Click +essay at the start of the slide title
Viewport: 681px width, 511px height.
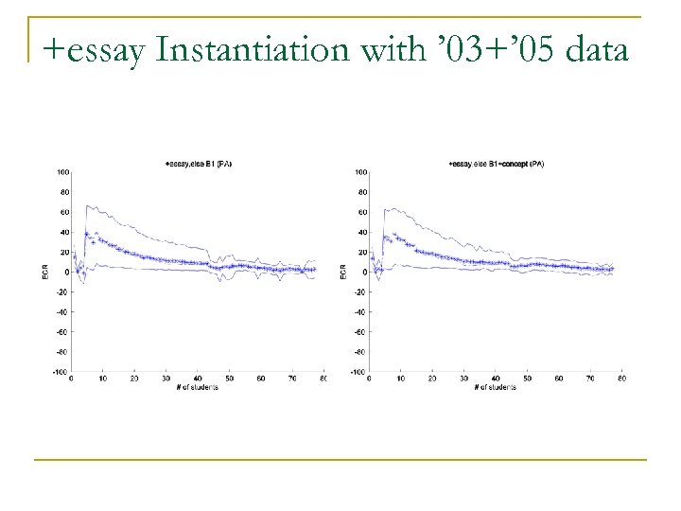[x=92, y=48]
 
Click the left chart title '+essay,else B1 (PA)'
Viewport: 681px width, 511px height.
[x=199, y=165]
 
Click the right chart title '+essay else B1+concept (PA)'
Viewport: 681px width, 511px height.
[x=497, y=165]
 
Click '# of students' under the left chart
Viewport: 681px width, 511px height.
[x=197, y=387]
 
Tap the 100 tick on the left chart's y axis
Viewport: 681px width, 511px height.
[x=61, y=172]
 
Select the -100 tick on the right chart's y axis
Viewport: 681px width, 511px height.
[x=357, y=372]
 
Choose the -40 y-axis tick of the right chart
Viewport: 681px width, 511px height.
[x=358, y=312]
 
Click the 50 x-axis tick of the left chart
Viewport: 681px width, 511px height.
[x=230, y=379]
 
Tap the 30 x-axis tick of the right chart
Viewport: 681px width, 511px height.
[x=463, y=379]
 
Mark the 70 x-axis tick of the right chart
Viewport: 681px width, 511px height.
[x=591, y=379]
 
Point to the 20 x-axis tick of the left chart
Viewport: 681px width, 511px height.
[x=134, y=379]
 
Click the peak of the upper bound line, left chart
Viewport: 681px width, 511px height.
[x=88, y=205]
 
